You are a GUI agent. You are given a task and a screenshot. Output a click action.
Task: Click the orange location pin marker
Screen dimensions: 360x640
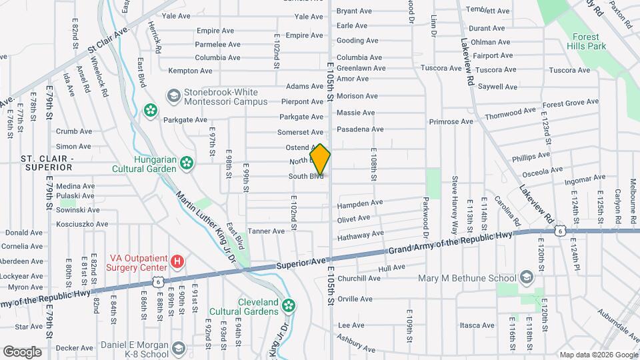(x=320, y=159)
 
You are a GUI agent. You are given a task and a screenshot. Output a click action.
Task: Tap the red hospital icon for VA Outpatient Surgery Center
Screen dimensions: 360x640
(x=177, y=260)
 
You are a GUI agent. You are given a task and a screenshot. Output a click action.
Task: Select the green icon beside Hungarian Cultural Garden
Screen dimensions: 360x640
(x=187, y=161)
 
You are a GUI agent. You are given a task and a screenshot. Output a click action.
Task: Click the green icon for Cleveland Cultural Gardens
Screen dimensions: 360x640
(x=288, y=305)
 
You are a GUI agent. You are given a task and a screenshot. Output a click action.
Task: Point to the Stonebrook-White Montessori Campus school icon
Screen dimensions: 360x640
(x=173, y=96)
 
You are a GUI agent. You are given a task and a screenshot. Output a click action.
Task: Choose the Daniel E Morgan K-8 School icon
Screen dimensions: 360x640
(x=178, y=348)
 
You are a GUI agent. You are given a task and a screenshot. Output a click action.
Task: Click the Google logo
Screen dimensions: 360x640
(x=22, y=351)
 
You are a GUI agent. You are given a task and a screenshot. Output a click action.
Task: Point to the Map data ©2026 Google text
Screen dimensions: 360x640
(x=598, y=355)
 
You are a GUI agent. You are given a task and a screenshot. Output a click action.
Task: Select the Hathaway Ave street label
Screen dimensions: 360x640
(x=360, y=234)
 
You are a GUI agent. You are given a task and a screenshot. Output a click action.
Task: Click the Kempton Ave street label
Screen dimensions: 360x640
(x=190, y=71)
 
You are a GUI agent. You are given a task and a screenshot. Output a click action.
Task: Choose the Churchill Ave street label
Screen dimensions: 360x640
(x=359, y=279)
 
